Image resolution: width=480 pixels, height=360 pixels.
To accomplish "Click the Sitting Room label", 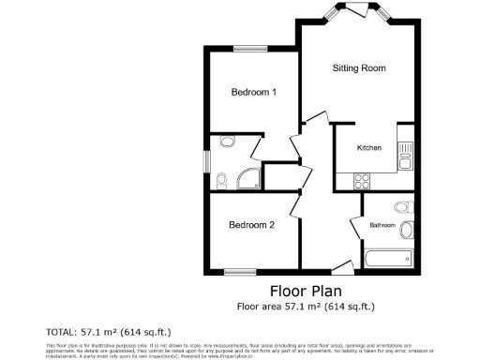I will click(360, 68).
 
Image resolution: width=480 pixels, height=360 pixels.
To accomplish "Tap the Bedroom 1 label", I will click(254, 92).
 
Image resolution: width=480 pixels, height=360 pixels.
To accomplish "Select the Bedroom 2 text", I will click(252, 225).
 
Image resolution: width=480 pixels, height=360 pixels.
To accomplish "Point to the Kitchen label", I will click(368, 149).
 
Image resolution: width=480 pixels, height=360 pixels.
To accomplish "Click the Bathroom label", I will click(382, 225).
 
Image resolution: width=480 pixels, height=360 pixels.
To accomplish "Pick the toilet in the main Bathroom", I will click(401, 205).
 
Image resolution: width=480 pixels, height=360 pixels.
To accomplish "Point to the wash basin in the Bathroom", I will click(407, 231).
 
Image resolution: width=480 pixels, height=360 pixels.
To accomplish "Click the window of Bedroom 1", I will click(247, 48).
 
